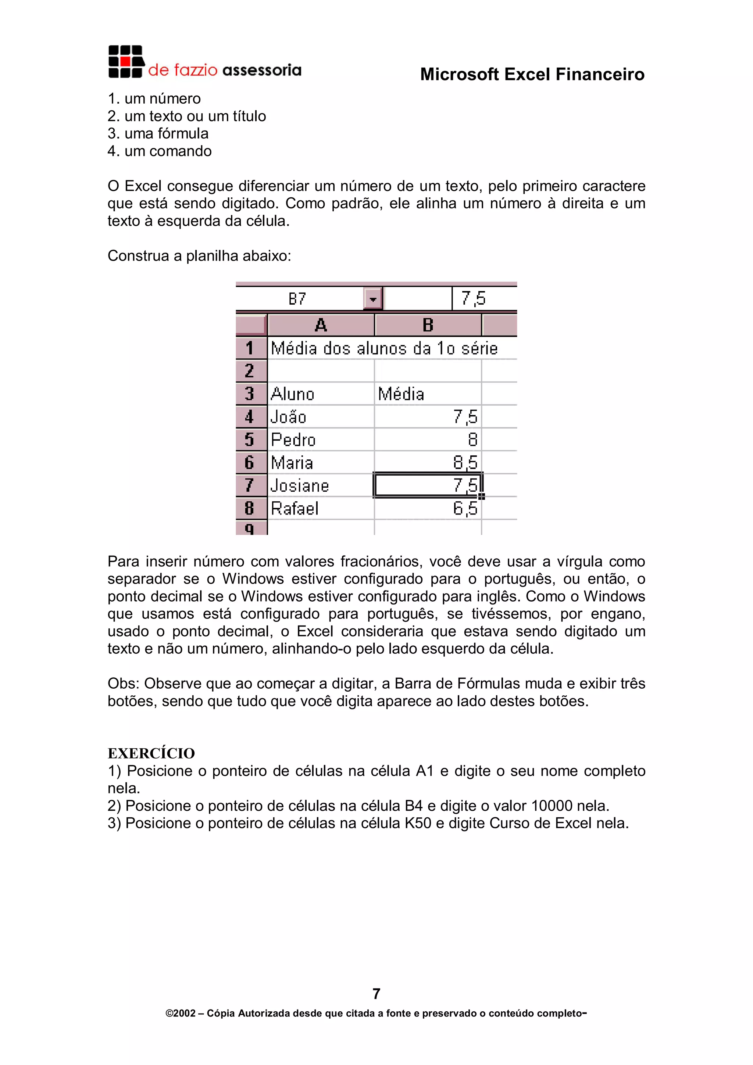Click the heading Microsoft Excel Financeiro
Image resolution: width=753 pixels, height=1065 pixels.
point(532,74)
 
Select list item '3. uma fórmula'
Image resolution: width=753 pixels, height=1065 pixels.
point(158,134)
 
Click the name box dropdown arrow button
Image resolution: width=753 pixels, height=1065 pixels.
point(372,299)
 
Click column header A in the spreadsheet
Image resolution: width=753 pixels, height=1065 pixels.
point(321,325)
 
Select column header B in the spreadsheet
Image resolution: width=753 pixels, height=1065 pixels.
point(428,325)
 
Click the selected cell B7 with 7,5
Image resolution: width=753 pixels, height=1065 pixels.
point(428,485)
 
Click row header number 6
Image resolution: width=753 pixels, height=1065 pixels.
point(250,462)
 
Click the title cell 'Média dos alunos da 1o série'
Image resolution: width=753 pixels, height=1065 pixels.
point(384,348)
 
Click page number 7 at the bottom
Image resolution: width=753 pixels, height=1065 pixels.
point(376,994)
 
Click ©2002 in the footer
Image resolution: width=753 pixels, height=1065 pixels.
point(181,1014)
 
